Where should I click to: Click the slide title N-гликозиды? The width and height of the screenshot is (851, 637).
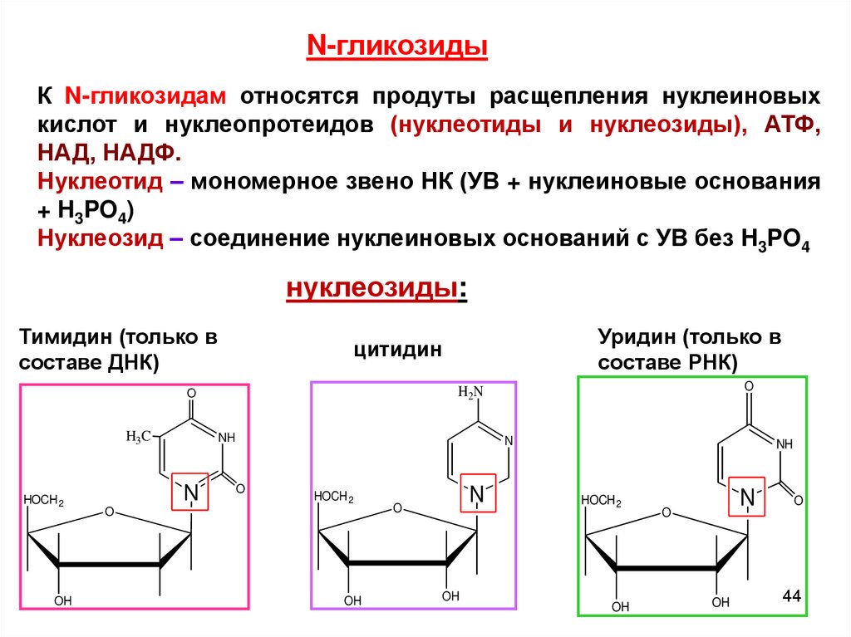pyautogui.click(x=397, y=47)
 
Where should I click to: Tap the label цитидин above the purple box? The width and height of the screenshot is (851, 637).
pyautogui.click(x=397, y=350)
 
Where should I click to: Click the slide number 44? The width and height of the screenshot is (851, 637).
pyautogui.click(x=790, y=596)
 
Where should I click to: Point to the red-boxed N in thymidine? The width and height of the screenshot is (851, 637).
pyautogui.click(x=191, y=492)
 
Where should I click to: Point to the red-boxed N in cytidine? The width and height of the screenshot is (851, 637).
pyautogui.click(x=477, y=495)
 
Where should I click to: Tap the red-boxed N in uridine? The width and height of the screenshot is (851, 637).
pyautogui.click(x=747, y=497)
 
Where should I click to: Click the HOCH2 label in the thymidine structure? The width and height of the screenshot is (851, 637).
pyautogui.click(x=44, y=500)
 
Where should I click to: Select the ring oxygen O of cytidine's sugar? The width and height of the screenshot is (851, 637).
pyautogui.click(x=396, y=508)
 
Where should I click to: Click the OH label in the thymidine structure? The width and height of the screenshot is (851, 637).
pyautogui.click(x=62, y=600)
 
